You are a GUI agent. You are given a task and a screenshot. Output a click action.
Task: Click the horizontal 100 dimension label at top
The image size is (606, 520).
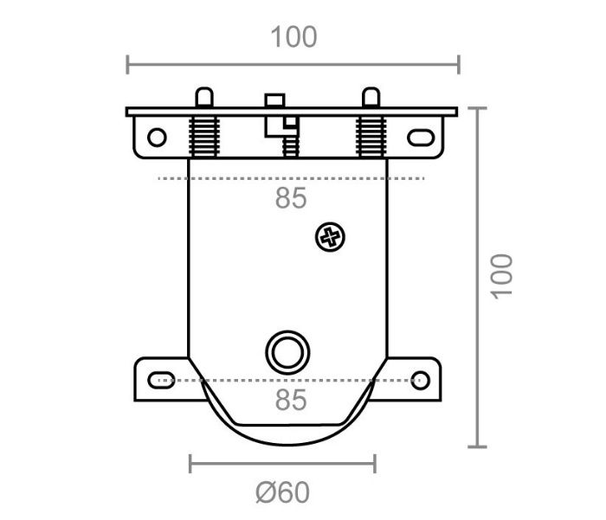tap(293, 37)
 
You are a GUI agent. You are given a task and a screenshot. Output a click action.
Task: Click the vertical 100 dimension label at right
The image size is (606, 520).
tap(501, 276)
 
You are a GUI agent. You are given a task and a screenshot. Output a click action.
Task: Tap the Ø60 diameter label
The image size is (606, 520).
tap(283, 492)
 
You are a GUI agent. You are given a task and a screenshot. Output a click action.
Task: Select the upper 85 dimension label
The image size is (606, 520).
tap(291, 198)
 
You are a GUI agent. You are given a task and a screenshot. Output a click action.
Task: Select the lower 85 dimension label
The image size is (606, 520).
tap(291, 400)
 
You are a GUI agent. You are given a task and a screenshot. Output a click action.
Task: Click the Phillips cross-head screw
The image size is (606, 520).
tap(330, 237)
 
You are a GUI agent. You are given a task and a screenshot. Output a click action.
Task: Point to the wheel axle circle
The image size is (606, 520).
tap(287, 352)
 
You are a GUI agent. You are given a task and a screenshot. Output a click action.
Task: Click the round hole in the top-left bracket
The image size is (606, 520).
tap(157, 138)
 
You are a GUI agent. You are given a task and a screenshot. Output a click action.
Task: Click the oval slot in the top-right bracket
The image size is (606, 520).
tap(421, 138)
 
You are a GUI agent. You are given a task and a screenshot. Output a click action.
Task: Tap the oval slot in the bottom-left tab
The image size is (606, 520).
tap(161, 380)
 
